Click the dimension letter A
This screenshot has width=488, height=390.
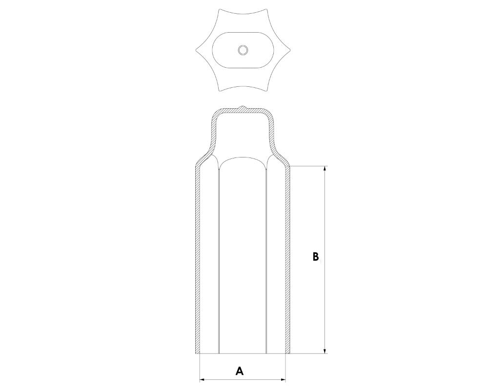(239, 370)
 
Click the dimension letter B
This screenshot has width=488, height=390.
(316, 256)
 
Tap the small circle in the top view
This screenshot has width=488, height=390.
(243, 50)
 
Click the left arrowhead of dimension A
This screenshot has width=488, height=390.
(202, 379)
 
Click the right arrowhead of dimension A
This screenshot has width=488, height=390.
(283, 379)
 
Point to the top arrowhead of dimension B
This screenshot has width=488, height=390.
(325, 169)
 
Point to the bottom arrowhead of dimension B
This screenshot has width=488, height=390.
(325, 351)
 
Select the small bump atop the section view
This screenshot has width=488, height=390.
(243, 108)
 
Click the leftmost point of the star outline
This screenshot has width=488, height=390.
(196, 50)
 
